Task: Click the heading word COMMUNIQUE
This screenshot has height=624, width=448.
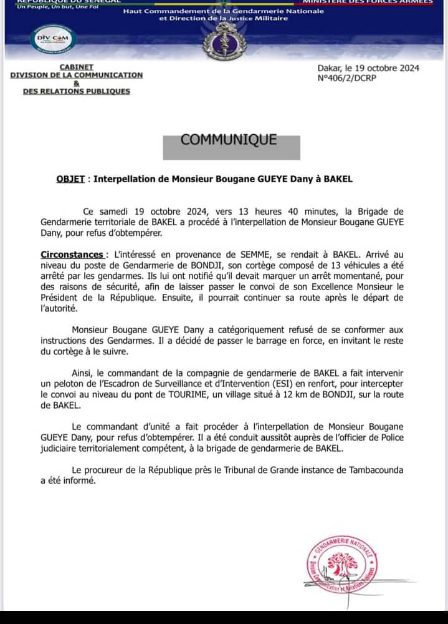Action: click(x=229, y=140)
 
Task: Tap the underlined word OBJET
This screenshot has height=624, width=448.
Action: click(x=70, y=179)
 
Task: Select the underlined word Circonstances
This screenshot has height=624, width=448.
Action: click(x=72, y=255)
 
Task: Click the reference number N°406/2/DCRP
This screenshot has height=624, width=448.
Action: click(x=346, y=78)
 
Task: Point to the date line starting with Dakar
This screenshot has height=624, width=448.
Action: click(x=368, y=69)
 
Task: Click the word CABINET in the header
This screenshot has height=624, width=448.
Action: click(x=77, y=67)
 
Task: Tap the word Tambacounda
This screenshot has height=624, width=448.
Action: click(x=366, y=470)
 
